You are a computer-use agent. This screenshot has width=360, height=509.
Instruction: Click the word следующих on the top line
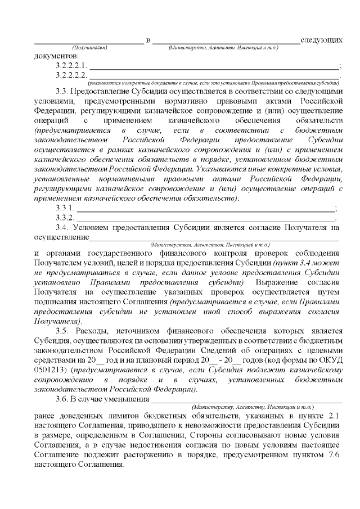321,40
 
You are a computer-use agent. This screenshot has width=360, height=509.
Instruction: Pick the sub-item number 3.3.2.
66,218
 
